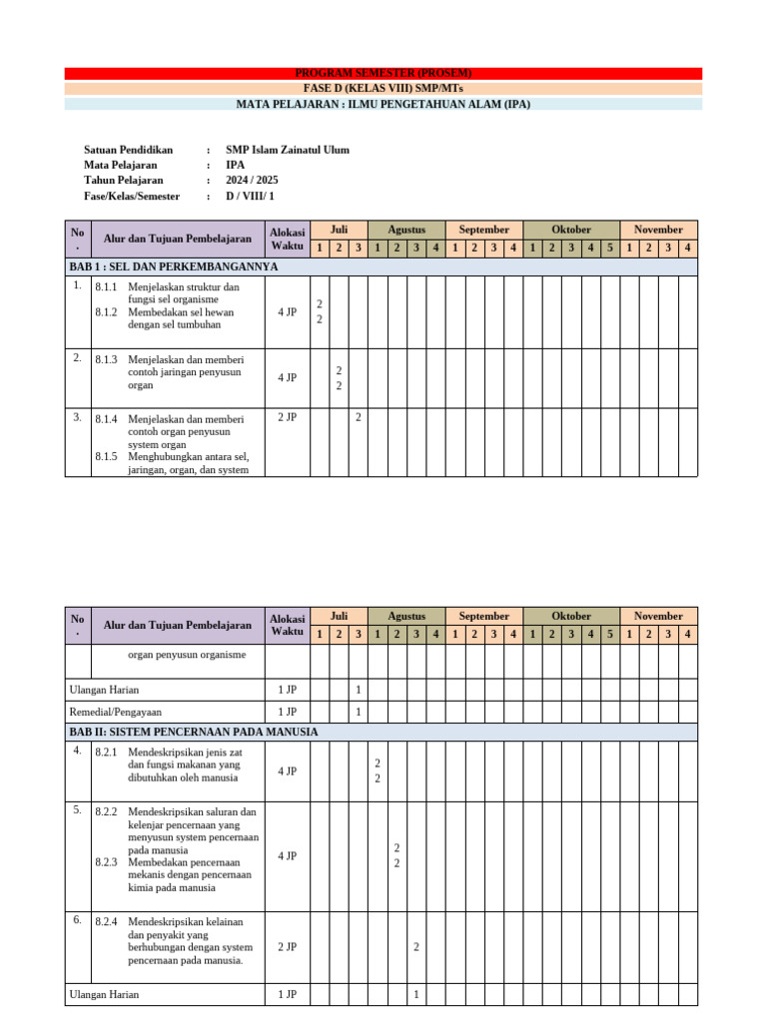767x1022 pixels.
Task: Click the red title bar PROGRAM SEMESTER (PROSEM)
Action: [x=383, y=74]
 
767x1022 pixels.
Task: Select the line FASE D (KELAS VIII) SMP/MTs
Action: [x=383, y=89]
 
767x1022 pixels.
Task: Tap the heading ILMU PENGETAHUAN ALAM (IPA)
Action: [x=383, y=104]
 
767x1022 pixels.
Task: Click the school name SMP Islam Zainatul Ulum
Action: [x=288, y=151]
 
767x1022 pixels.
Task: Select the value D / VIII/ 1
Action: [x=250, y=197]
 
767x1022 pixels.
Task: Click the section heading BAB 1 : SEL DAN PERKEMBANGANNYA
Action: [x=174, y=267]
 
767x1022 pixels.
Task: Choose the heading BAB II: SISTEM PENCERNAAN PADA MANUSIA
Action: [x=194, y=733]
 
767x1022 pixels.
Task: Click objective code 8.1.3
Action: [x=106, y=359]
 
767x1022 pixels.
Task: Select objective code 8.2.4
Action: [x=106, y=921]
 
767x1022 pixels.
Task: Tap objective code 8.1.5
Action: [x=106, y=456]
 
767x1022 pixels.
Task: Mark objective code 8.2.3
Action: [x=106, y=861]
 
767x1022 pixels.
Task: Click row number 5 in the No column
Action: [x=77, y=810]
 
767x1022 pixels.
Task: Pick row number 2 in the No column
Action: [x=77, y=357]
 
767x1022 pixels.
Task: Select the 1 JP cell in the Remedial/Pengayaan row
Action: [x=287, y=712]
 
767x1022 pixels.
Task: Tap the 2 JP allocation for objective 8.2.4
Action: [x=287, y=946]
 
